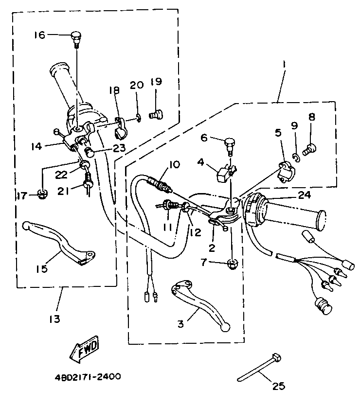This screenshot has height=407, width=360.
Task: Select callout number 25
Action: click(278, 387)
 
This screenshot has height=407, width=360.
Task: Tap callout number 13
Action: click(54, 319)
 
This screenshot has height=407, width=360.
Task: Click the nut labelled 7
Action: click(232, 264)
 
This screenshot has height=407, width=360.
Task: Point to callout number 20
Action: click(137, 85)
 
